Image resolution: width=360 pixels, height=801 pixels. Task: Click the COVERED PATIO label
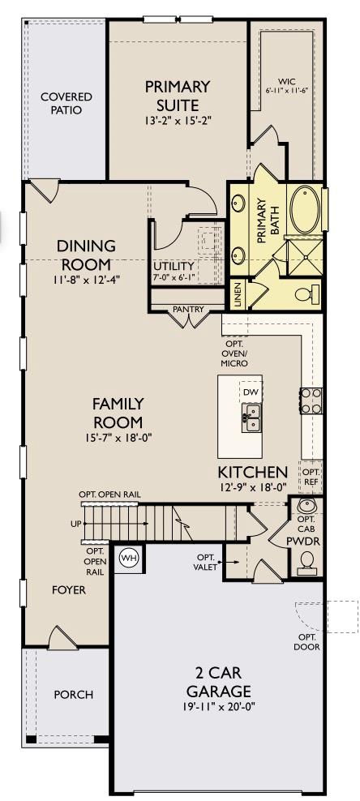pos(66,103)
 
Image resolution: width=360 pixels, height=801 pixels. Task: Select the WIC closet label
pos(285,82)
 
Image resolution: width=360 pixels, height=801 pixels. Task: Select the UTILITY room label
pos(174,266)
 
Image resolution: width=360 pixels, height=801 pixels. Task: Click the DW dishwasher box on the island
pos(251,392)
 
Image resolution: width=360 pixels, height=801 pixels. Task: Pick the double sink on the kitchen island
pos(252,418)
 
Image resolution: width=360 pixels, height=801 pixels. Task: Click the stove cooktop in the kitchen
pos(311,400)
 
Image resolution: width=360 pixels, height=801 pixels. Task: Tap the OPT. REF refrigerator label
pos(311,477)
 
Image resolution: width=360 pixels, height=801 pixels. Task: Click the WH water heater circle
pos(128,558)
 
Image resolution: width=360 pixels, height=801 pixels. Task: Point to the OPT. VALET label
pos(204,563)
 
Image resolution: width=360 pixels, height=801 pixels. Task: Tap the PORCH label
pos(73,695)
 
